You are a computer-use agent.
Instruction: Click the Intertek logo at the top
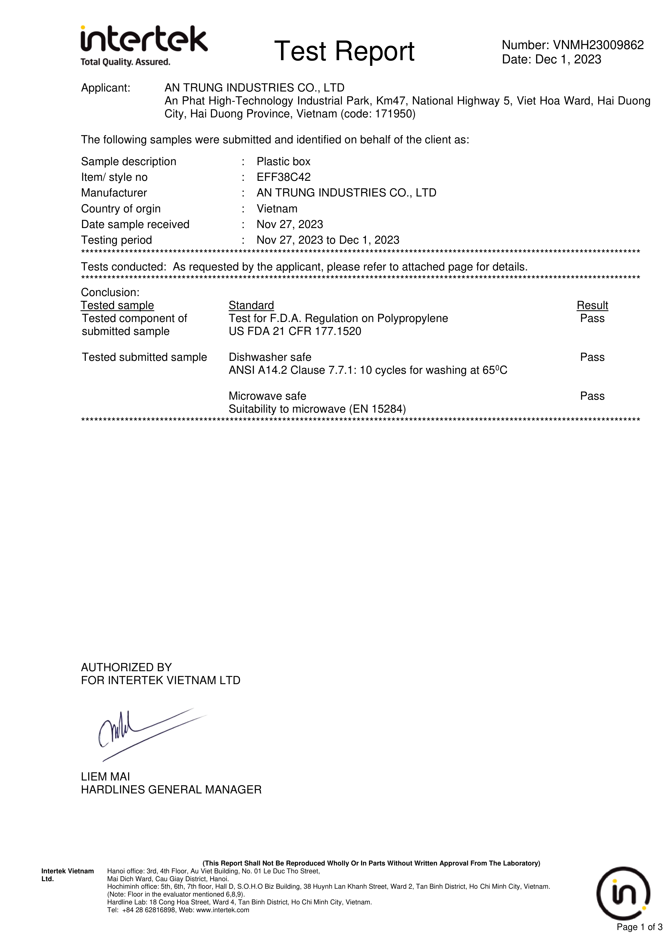coord(143,45)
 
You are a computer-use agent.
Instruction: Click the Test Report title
coord(344,51)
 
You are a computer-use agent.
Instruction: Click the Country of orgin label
coord(121,209)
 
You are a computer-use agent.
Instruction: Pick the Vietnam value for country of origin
coord(277,209)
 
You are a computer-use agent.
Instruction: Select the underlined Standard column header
coord(251,305)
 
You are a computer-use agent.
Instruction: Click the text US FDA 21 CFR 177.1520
coord(295,331)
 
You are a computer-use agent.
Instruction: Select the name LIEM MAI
coord(105,777)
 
